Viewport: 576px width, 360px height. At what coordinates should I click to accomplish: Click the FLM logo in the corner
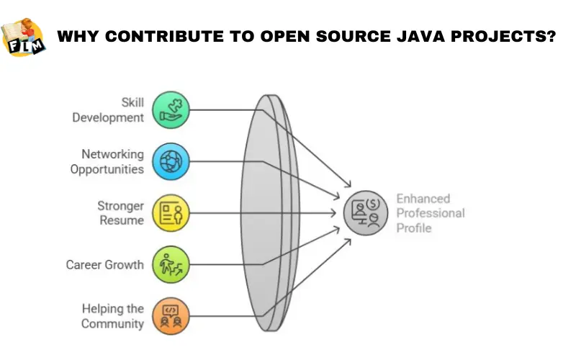(x=24, y=37)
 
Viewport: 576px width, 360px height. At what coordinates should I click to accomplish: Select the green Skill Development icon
(x=171, y=109)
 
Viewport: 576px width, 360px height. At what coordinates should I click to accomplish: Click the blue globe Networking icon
(x=171, y=161)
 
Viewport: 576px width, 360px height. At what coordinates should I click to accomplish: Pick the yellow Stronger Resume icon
(x=171, y=212)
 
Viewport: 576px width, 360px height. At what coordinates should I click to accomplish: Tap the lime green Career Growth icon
(x=171, y=264)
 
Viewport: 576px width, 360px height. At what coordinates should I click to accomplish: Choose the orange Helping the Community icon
(x=171, y=315)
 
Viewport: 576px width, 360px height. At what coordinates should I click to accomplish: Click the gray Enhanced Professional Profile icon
(x=364, y=213)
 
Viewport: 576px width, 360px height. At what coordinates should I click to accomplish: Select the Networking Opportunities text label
(x=107, y=162)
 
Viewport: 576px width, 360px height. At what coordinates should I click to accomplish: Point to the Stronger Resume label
(x=121, y=213)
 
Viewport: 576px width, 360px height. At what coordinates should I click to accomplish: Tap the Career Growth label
(x=105, y=265)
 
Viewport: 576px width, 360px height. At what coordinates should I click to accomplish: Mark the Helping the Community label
(x=112, y=316)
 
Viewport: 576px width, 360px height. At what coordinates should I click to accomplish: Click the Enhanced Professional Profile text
(x=431, y=213)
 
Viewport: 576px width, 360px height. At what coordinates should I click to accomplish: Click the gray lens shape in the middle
(x=267, y=212)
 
